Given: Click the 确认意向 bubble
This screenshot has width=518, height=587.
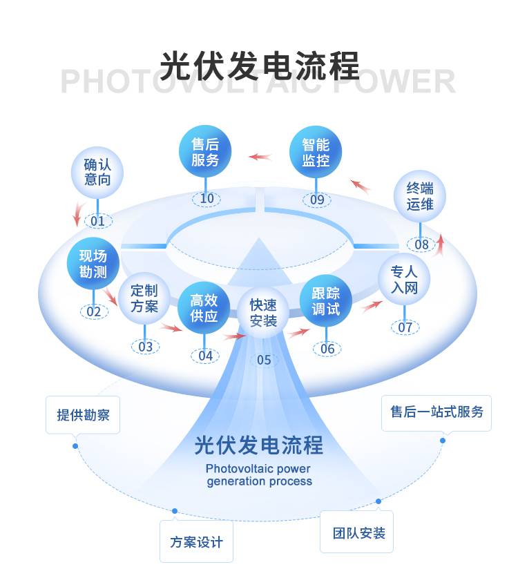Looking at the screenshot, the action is (x=97, y=173).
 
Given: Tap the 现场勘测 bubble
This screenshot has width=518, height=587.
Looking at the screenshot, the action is (x=93, y=263).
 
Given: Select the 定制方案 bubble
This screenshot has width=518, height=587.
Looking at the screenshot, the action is (x=144, y=298).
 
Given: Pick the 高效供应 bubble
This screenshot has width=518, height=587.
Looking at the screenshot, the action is (x=204, y=308).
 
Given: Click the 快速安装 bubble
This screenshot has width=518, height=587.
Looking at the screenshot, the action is (x=264, y=313).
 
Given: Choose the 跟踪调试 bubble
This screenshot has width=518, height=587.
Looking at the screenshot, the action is (x=326, y=300).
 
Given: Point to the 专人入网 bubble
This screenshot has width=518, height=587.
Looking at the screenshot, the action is (x=404, y=279).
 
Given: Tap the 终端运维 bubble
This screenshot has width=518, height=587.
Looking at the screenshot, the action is (x=420, y=196).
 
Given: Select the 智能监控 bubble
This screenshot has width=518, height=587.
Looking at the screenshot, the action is (x=316, y=152).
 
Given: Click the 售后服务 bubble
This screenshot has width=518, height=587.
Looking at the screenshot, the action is (x=205, y=151).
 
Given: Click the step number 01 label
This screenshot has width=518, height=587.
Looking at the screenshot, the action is (x=98, y=221).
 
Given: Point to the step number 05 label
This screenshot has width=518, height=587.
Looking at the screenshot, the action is (x=264, y=360).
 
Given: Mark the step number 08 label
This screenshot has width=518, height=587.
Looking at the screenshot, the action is (x=421, y=244).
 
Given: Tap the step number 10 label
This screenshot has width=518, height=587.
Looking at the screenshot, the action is (x=207, y=198).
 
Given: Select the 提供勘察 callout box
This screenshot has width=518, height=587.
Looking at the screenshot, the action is (x=83, y=415).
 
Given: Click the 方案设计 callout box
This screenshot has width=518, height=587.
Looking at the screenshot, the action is (x=197, y=541).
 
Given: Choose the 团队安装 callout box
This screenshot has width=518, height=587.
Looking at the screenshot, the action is (x=356, y=532).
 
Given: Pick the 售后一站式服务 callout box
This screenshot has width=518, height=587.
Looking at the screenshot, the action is (x=437, y=413).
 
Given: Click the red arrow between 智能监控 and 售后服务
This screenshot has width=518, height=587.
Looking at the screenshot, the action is (x=260, y=157).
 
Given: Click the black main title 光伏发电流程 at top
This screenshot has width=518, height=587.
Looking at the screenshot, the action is (x=260, y=66).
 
